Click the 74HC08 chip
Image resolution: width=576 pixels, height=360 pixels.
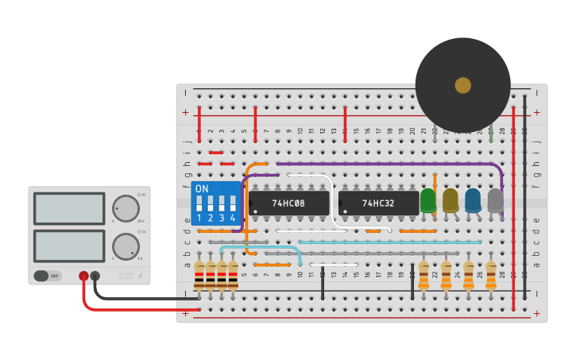click(x=288, y=203)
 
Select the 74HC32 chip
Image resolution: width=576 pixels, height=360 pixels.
click(x=378, y=203)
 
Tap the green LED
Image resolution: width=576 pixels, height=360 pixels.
click(x=428, y=199)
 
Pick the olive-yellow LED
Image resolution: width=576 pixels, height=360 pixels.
click(x=450, y=199)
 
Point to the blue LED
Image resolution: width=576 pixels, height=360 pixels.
click(x=473, y=199)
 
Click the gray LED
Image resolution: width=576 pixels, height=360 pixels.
click(x=495, y=199)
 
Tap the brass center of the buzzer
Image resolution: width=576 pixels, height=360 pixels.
click(x=462, y=85)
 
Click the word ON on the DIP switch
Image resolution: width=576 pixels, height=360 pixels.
click(x=202, y=189)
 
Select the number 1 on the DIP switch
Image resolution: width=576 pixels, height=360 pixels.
click(x=199, y=218)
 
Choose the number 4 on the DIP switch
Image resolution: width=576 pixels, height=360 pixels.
click(x=233, y=218)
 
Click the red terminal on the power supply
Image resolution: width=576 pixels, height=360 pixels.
click(x=83, y=276)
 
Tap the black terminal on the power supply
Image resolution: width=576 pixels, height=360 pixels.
click(x=95, y=276)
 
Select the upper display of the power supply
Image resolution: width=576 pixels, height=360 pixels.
click(x=69, y=209)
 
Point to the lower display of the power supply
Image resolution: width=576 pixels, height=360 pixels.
click(x=69, y=246)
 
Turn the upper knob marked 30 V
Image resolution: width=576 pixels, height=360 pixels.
click(x=125, y=208)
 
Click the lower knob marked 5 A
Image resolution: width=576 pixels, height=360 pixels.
click(x=125, y=246)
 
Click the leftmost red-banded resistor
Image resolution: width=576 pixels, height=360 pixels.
click(x=199, y=276)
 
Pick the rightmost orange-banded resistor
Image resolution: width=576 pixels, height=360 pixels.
click(x=491, y=275)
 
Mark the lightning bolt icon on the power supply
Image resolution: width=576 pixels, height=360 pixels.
click(x=141, y=276)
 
